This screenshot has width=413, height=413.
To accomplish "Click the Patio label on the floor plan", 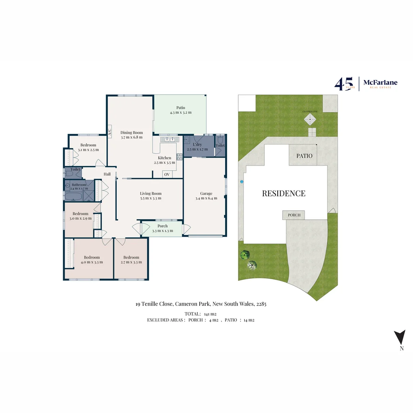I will pos(181,108).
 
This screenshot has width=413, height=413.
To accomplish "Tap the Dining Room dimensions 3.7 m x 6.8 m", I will pos(132,137).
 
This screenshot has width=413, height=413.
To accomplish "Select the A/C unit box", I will pos(109,132).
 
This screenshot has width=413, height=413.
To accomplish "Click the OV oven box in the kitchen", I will pos(167,174).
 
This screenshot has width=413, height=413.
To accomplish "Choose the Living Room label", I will pos(151,193).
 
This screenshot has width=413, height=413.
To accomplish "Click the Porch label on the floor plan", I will pos(163,226).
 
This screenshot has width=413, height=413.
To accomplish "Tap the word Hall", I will pos(107,174).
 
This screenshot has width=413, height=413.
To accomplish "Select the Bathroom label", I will pos(79,185).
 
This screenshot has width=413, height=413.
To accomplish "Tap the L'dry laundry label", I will pos(197,145).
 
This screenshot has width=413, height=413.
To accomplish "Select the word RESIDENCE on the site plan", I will pos(283,193).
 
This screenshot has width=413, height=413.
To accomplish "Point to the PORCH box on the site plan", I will pos(294,215).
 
